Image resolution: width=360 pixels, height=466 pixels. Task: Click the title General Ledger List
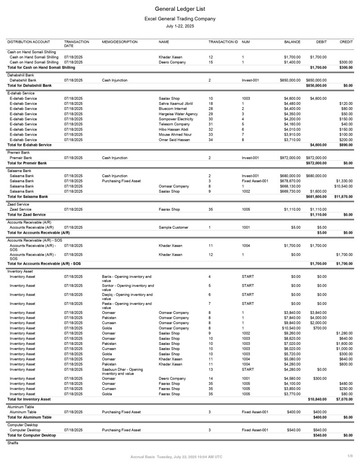tap(180, 9)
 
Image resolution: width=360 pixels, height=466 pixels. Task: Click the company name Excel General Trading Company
tap(180, 19)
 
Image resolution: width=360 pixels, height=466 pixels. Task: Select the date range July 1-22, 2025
tap(180, 27)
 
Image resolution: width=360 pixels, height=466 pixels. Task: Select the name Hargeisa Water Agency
tap(178, 114)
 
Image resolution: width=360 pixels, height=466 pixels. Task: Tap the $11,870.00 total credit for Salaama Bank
tap(343, 197)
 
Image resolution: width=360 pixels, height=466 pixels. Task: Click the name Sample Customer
tap(174, 227)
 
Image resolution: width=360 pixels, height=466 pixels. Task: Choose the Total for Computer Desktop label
tap(31, 435)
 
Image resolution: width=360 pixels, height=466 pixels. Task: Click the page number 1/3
tap(350, 457)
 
